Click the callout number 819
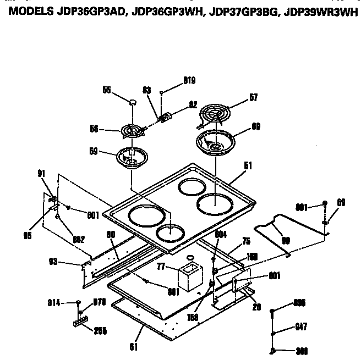(x=189, y=80)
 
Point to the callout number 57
(x=253, y=98)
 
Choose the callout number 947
(x=300, y=326)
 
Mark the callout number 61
(x=133, y=347)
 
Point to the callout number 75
(x=246, y=240)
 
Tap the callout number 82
(x=193, y=103)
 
